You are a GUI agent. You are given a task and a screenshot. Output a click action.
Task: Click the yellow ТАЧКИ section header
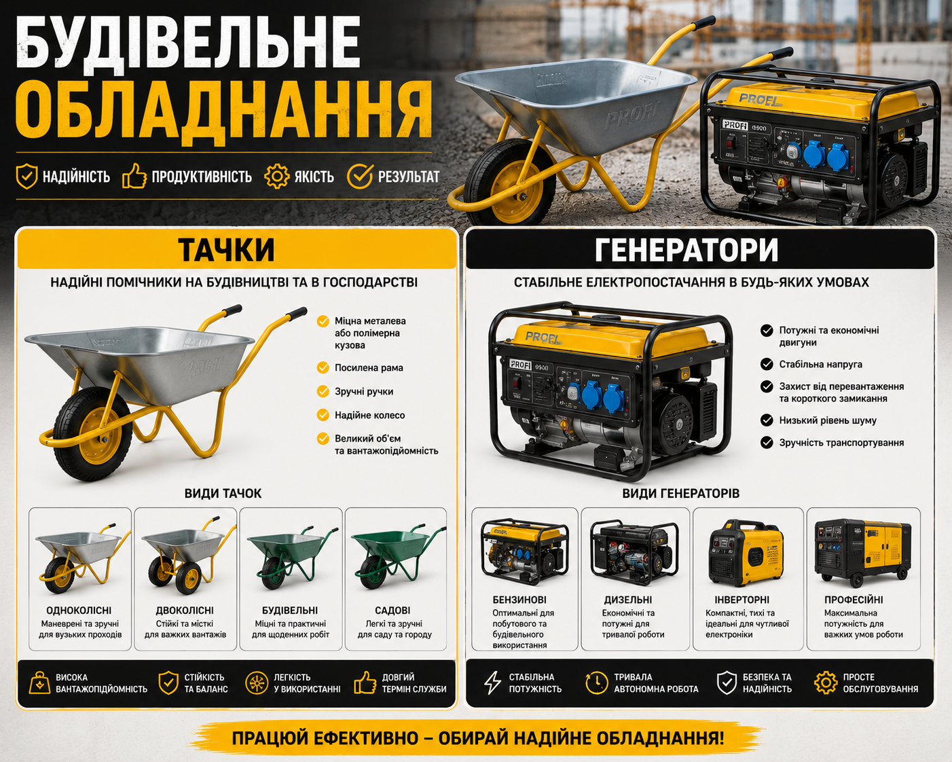tap(237, 249)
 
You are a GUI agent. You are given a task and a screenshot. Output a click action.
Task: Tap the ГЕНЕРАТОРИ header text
tap(686, 251)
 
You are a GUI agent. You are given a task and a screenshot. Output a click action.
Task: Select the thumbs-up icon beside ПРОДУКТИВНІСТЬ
tap(134, 176)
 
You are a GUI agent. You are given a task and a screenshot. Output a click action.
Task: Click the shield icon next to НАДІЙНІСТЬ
tap(26, 176)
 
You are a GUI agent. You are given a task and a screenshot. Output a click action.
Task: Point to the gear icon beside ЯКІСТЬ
tap(276, 176)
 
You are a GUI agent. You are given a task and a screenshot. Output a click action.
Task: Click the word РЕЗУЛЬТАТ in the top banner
tap(408, 177)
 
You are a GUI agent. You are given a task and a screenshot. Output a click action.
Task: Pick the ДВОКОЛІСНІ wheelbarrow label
tap(185, 611)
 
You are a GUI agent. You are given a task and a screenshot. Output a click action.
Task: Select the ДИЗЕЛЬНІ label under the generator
tap(627, 600)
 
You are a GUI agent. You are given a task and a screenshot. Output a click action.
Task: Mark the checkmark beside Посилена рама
tap(323, 367)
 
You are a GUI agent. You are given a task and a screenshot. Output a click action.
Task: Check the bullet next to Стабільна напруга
tap(767, 364)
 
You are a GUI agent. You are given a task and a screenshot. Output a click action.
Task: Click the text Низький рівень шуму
tap(828, 420)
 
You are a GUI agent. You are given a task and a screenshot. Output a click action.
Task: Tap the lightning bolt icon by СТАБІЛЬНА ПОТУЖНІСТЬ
tap(492, 683)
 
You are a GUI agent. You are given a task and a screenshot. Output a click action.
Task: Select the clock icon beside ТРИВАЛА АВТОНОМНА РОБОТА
tap(596, 683)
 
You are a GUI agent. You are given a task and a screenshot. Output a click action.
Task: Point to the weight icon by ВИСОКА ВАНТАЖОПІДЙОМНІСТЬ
tap(39, 683)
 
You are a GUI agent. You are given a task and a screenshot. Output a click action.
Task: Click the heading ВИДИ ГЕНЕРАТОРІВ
tap(681, 493)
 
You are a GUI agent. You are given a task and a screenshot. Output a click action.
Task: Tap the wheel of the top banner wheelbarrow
tap(510, 181)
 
